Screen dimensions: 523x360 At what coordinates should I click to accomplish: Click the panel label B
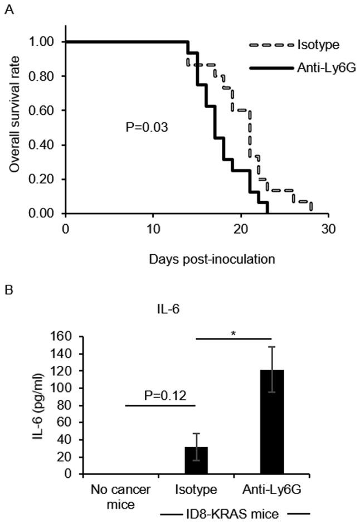[x=8, y=290]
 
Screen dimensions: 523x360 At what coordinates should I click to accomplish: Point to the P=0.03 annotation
[x=147, y=128]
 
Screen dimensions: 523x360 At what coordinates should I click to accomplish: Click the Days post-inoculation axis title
[x=197, y=259]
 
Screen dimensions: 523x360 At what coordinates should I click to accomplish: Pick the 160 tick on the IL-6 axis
[x=67, y=336]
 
